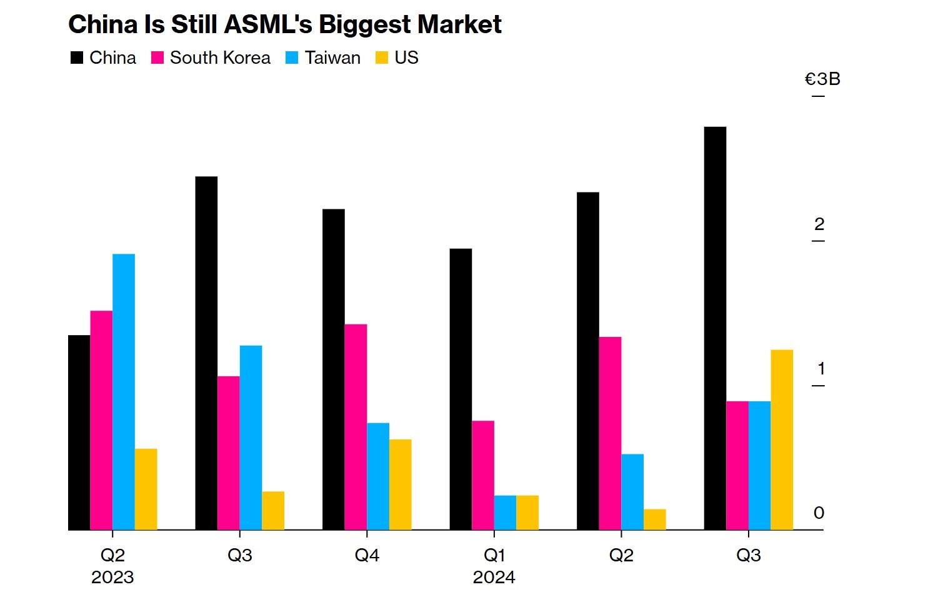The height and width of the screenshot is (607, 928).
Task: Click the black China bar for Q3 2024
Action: (x=715, y=328)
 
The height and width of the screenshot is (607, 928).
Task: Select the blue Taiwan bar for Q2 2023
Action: (x=124, y=392)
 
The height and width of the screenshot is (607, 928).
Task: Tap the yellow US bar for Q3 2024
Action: (x=782, y=440)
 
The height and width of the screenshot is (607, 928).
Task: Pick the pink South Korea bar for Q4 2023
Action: (x=356, y=427)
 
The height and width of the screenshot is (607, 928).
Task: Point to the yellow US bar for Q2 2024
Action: (x=654, y=519)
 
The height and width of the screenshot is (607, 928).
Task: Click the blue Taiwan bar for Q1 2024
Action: (x=505, y=513)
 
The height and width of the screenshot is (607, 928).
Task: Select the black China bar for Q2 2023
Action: (x=79, y=433)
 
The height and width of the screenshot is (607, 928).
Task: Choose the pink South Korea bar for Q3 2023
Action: (x=229, y=453)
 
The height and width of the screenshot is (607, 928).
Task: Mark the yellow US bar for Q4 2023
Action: (x=400, y=484)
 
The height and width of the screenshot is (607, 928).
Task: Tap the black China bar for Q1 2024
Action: (x=461, y=389)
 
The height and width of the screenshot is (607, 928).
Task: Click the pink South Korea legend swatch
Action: (x=157, y=58)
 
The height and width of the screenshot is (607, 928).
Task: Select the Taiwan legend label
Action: (x=332, y=58)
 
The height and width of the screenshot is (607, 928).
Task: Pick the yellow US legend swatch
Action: (x=382, y=58)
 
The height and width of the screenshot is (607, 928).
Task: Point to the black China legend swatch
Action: (x=77, y=58)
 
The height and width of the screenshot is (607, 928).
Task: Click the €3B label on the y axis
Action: (x=822, y=79)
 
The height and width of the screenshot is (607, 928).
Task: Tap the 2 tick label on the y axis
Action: (x=819, y=224)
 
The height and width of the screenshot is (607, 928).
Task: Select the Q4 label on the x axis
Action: (x=367, y=554)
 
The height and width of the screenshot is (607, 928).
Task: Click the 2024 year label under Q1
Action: (x=494, y=577)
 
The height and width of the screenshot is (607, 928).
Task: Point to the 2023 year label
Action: (x=112, y=577)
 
